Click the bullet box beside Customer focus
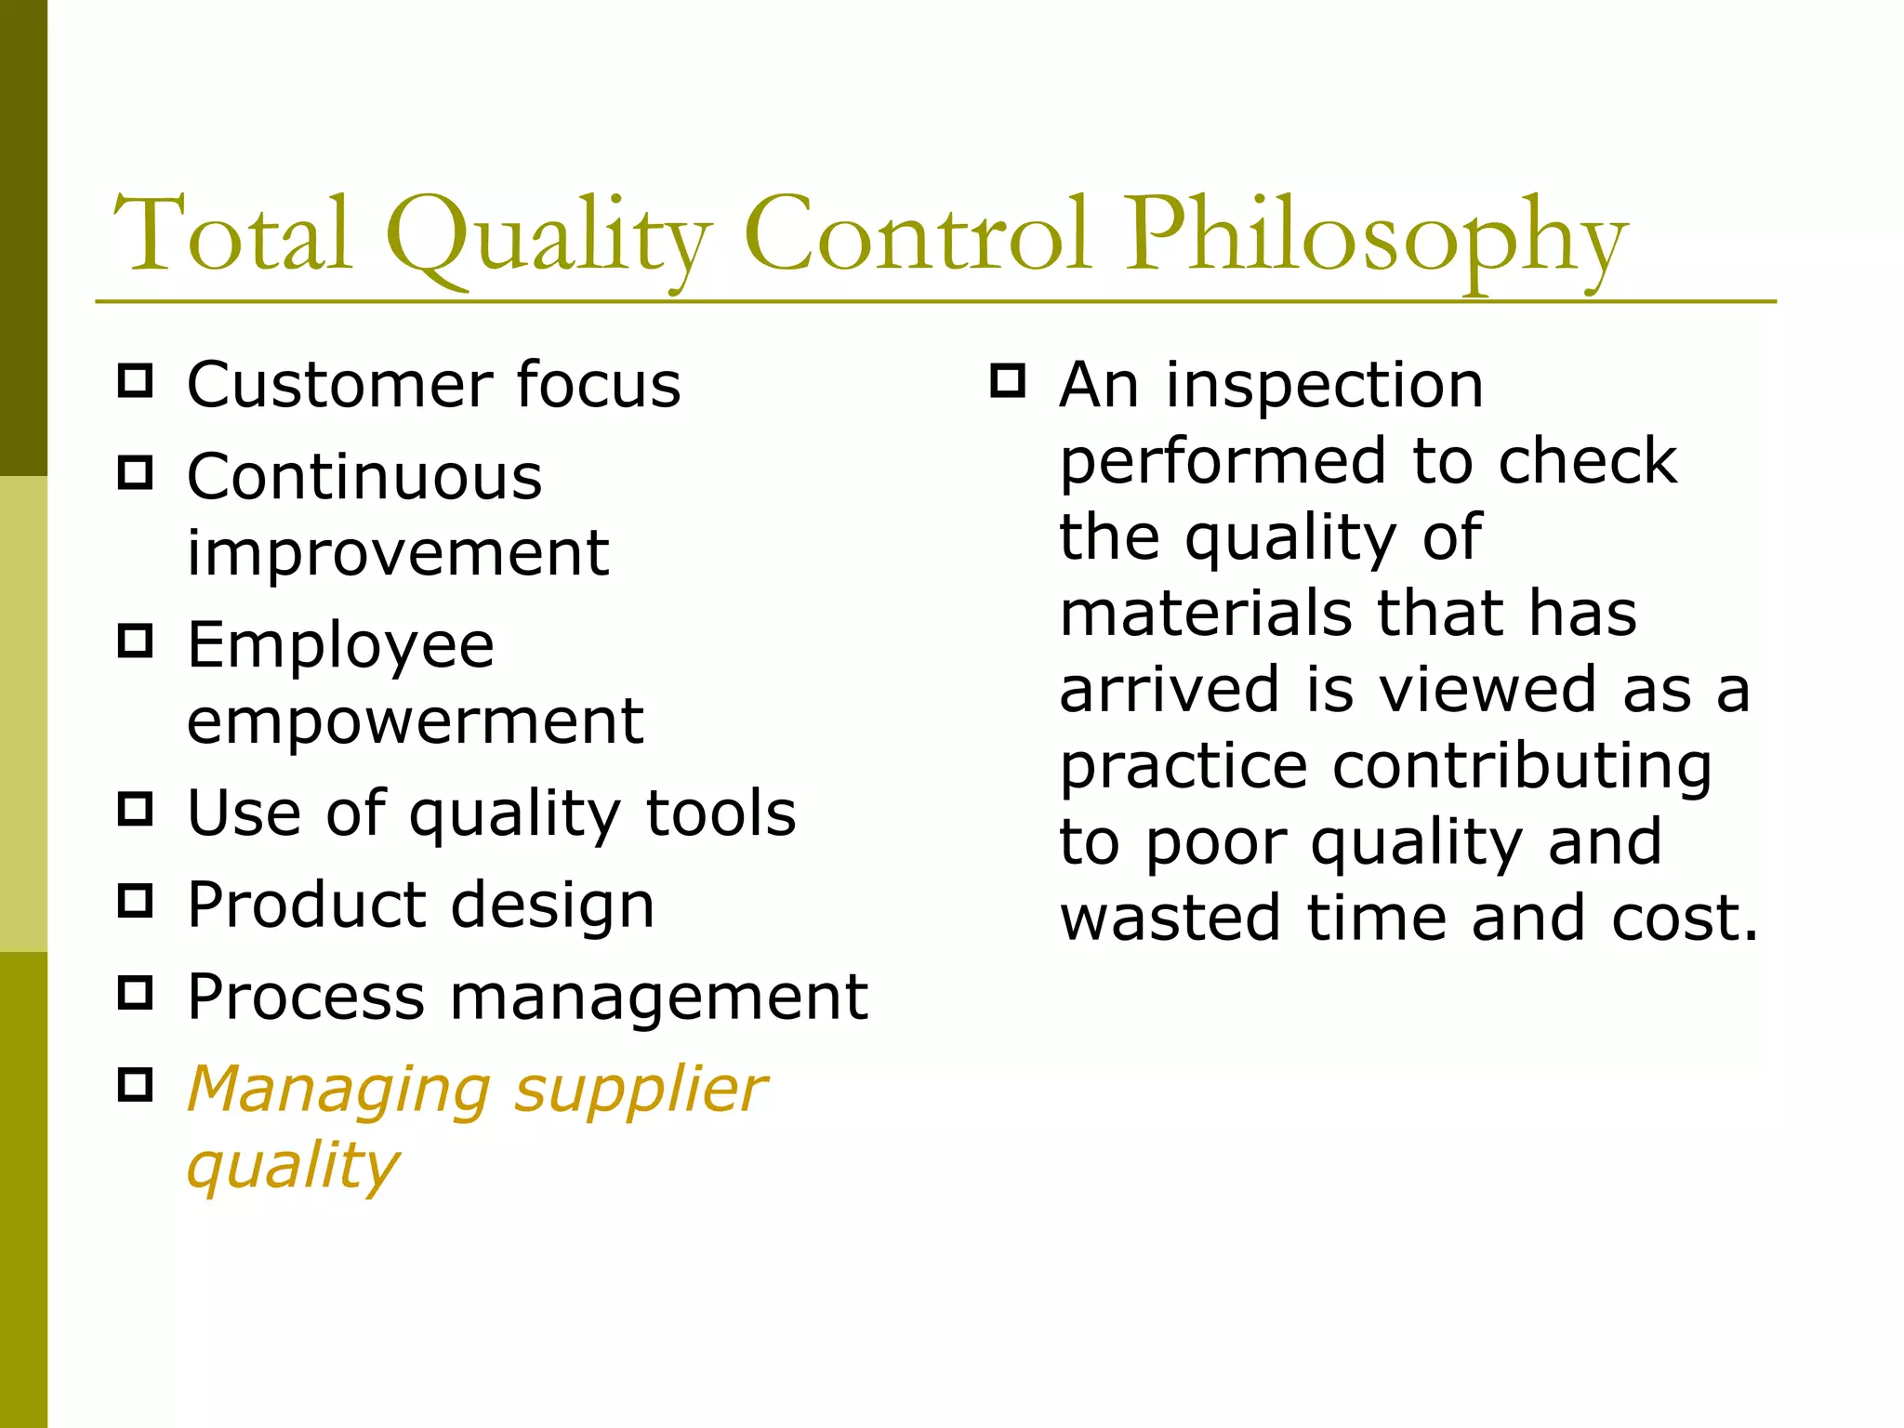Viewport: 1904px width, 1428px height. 136,381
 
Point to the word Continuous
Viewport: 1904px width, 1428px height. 364,477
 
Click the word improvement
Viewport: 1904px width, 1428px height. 398,553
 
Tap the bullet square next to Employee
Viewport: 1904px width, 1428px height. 136,641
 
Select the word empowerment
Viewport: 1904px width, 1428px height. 415,721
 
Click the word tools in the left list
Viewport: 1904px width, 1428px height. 721,813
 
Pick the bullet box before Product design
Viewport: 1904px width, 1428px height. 136,901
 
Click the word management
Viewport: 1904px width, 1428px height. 659,997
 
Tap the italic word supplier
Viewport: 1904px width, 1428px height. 641,1091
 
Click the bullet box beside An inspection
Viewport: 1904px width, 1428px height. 1008,380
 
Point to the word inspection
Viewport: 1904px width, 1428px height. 1325,385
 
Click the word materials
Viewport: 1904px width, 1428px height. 1206,614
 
